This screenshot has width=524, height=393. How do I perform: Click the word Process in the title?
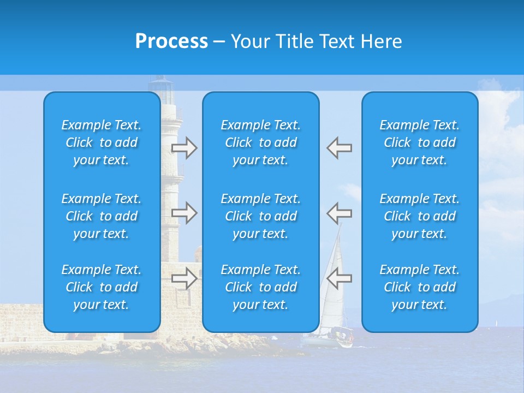[x=171, y=41]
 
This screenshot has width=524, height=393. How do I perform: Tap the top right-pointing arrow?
[x=184, y=148]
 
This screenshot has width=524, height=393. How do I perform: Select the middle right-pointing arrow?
[x=184, y=212]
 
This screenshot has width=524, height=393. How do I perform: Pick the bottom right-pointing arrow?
[x=184, y=278]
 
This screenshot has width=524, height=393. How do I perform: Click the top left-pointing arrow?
[x=340, y=148]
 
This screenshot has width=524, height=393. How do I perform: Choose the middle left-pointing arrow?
[x=340, y=212]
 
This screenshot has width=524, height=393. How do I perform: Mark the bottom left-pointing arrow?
[x=340, y=278]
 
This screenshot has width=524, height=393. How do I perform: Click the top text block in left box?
[x=102, y=142]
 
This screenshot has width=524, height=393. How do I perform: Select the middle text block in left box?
[x=102, y=216]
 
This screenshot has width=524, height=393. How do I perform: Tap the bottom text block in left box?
[x=102, y=287]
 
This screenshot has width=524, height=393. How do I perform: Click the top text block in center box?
[x=261, y=142]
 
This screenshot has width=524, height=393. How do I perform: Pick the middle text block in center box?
[x=261, y=216]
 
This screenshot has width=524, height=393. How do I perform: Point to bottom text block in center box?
[x=261, y=287]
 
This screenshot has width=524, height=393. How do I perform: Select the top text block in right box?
[x=420, y=142]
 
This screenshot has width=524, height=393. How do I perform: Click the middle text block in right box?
[x=420, y=216]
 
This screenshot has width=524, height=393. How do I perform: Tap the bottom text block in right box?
[x=420, y=287]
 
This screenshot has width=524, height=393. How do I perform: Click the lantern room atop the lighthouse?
[x=162, y=85]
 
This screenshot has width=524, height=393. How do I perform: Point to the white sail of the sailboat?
[x=334, y=273]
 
